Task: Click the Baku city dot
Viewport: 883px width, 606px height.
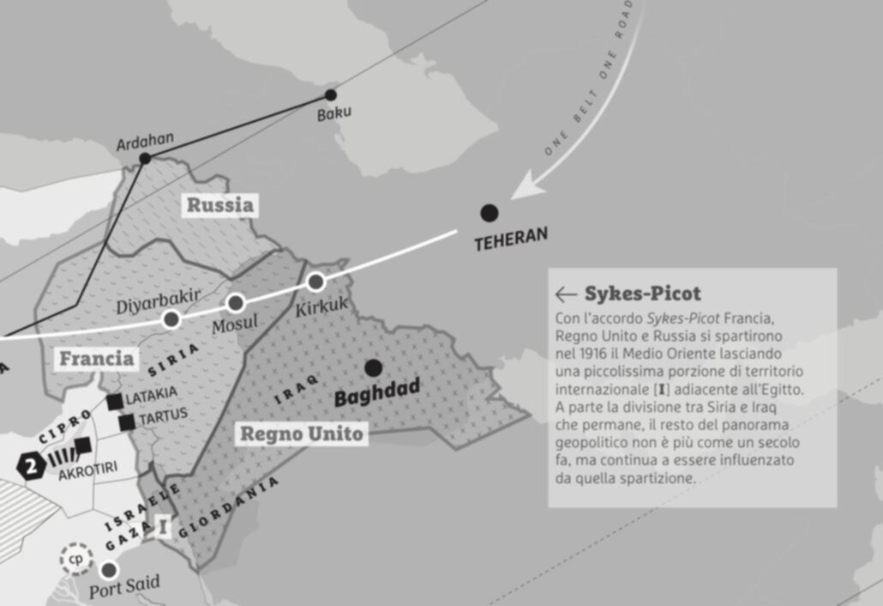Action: (331, 95)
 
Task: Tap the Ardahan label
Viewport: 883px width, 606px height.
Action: (145, 139)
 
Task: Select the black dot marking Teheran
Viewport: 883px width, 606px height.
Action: (489, 213)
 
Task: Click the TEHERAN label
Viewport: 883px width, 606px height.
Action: (511, 239)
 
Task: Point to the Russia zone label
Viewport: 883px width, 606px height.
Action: (220, 205)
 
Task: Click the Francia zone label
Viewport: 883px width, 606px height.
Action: (96, 358)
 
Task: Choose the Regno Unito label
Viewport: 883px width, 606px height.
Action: (301, 434)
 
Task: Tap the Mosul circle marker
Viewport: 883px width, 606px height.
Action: (236, 302)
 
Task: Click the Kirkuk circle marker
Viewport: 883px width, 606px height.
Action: (315, 281)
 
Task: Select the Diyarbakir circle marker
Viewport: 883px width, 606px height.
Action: (171, 319)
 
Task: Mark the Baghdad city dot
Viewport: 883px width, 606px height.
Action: (373, 368)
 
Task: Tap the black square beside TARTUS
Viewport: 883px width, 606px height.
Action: (127, 421)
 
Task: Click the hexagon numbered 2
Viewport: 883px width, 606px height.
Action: (32, 468)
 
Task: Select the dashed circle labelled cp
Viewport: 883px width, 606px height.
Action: (75, 559)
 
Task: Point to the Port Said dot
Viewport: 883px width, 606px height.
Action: (108, 569)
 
